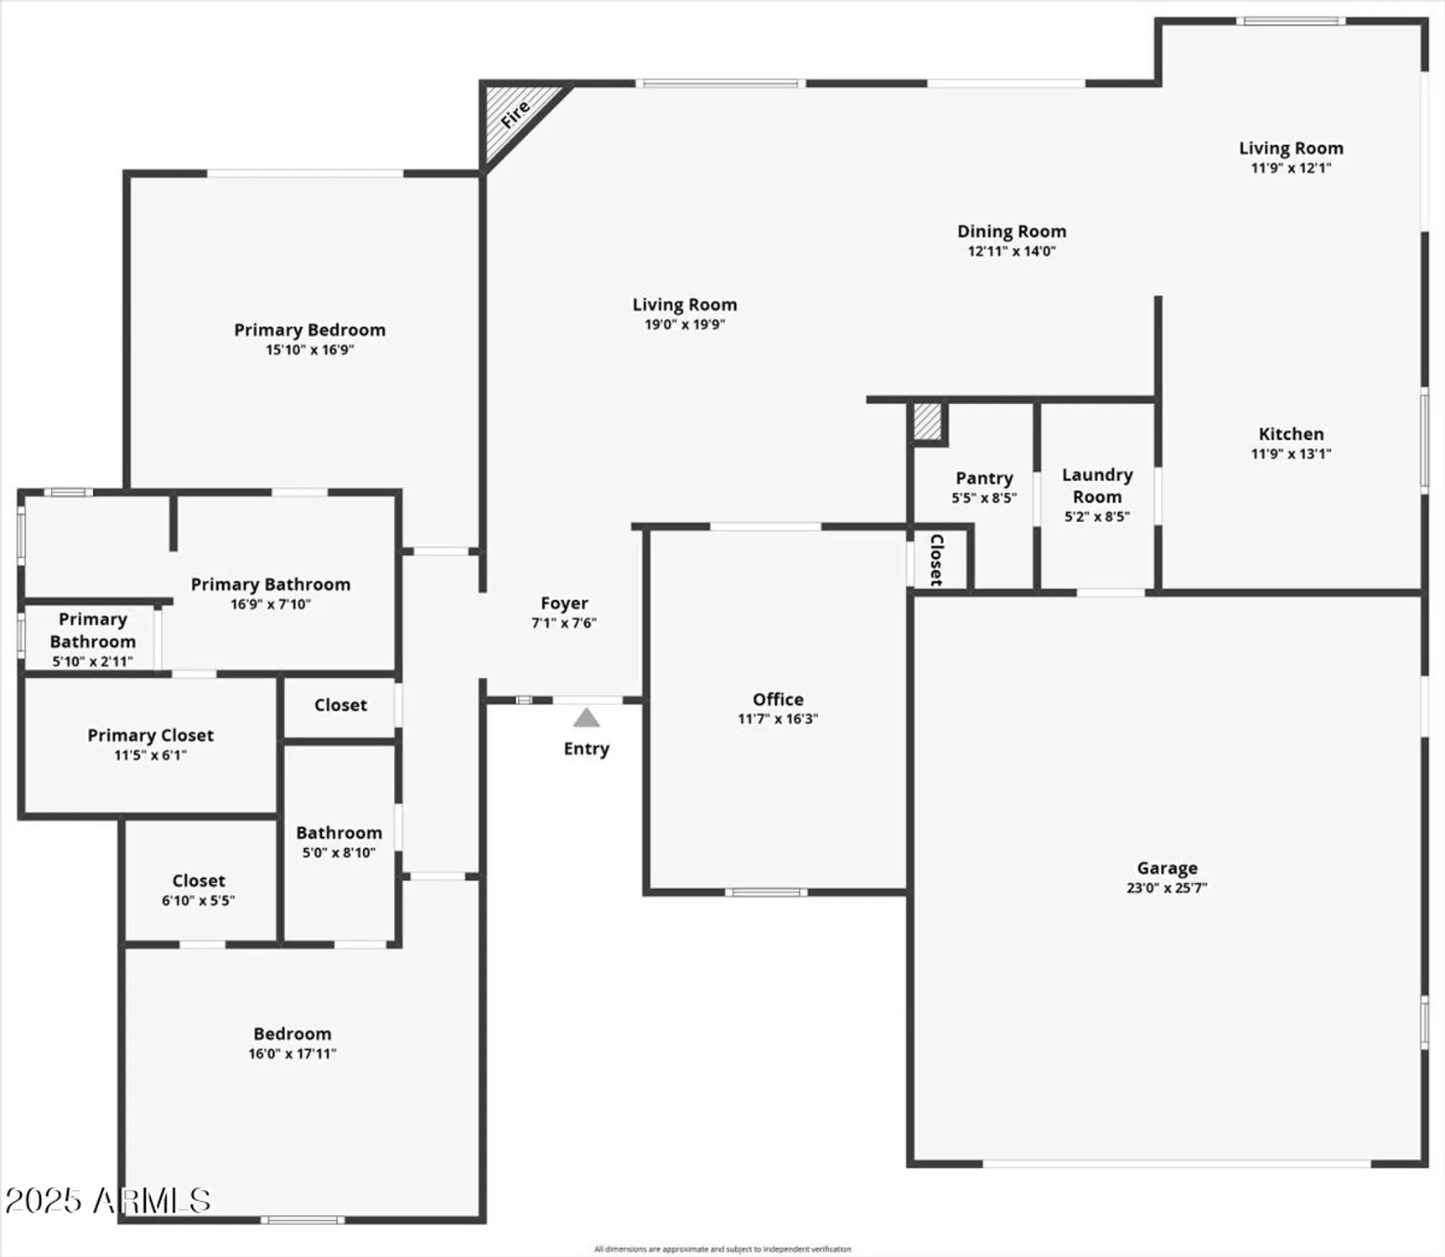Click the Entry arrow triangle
586,718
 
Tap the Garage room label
1167,868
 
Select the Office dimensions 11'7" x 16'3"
778,719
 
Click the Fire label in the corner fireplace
515,114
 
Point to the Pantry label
984,478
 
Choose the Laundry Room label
1097,486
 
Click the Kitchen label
1291,434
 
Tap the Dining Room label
1012,231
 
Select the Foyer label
564,603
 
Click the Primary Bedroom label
309,330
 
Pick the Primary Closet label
151,736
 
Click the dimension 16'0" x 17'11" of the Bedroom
293,1054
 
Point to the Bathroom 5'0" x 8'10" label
339,833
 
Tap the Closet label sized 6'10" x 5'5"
199,881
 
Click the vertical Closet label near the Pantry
937,559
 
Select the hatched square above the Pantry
927,422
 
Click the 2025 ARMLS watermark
107,1201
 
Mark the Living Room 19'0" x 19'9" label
684,305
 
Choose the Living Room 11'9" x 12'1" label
1291,148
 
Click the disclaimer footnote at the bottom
722,1249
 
